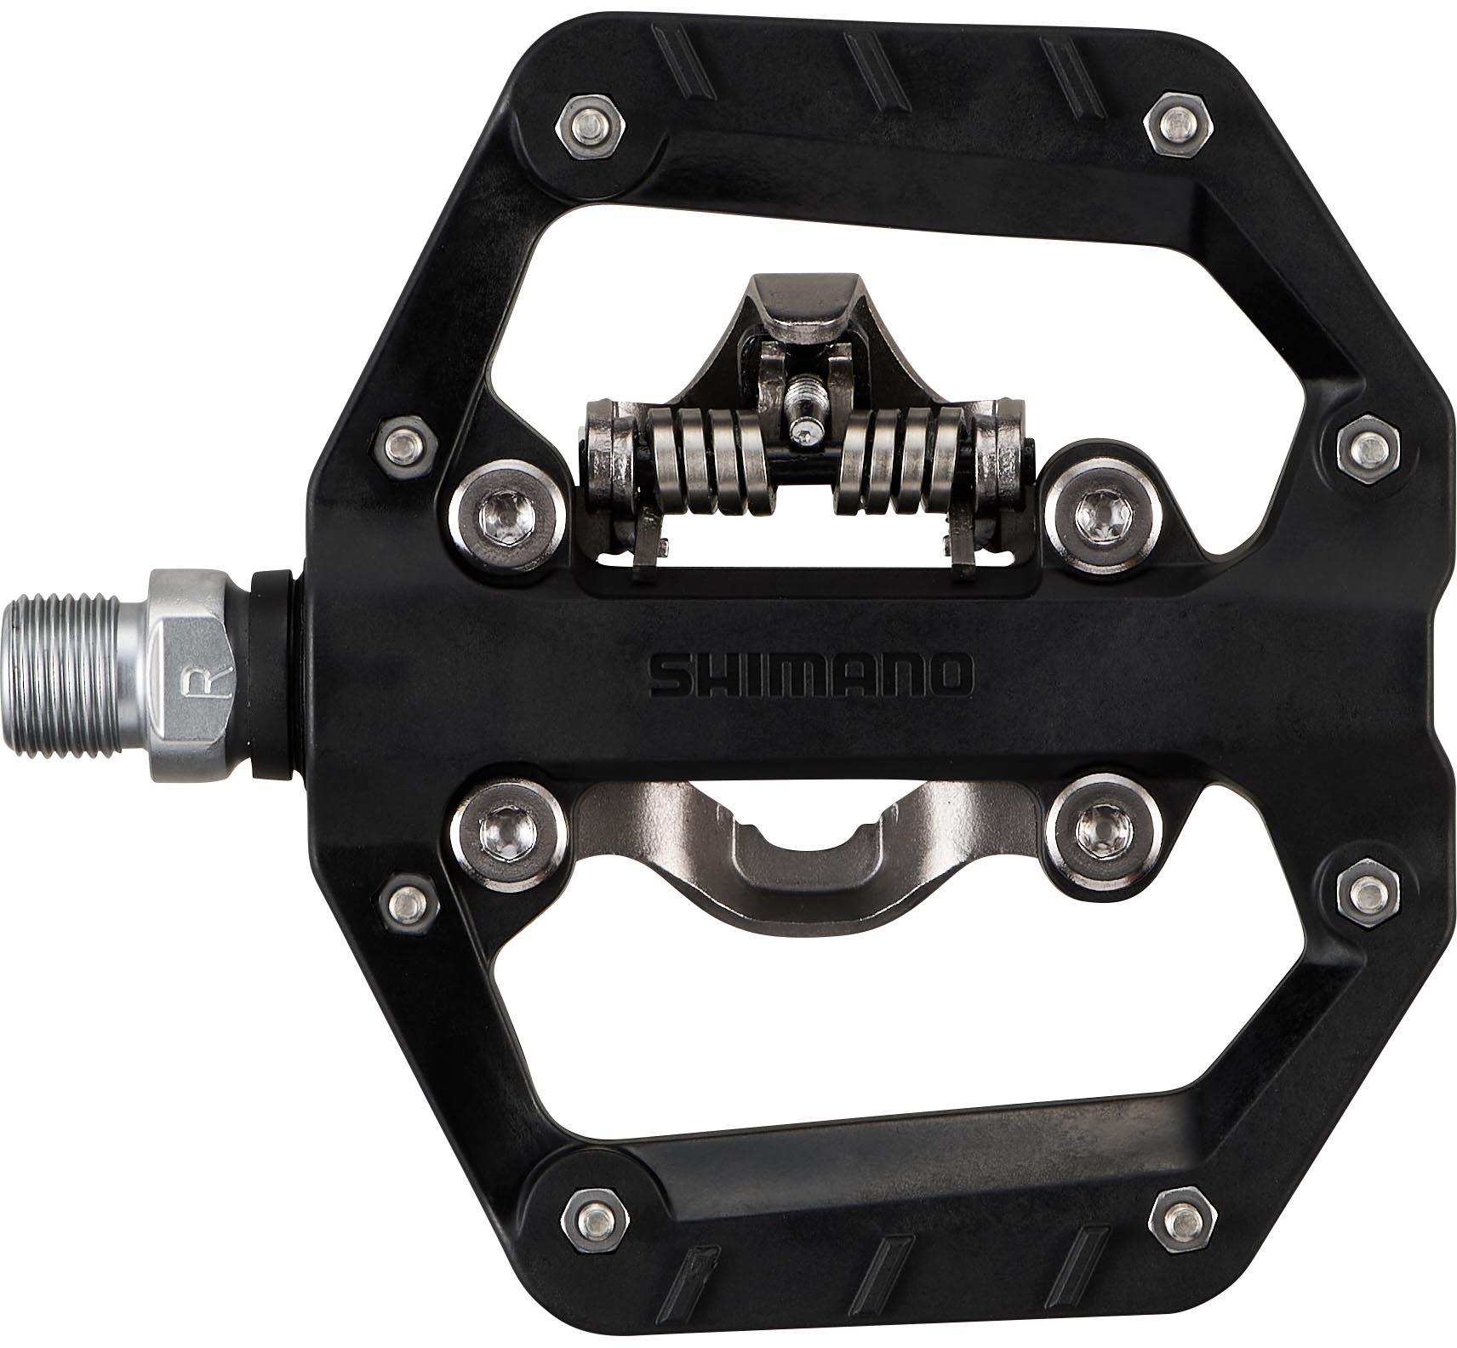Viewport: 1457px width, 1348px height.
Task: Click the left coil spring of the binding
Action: (711, 464)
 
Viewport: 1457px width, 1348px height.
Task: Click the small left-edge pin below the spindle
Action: (408, 897)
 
